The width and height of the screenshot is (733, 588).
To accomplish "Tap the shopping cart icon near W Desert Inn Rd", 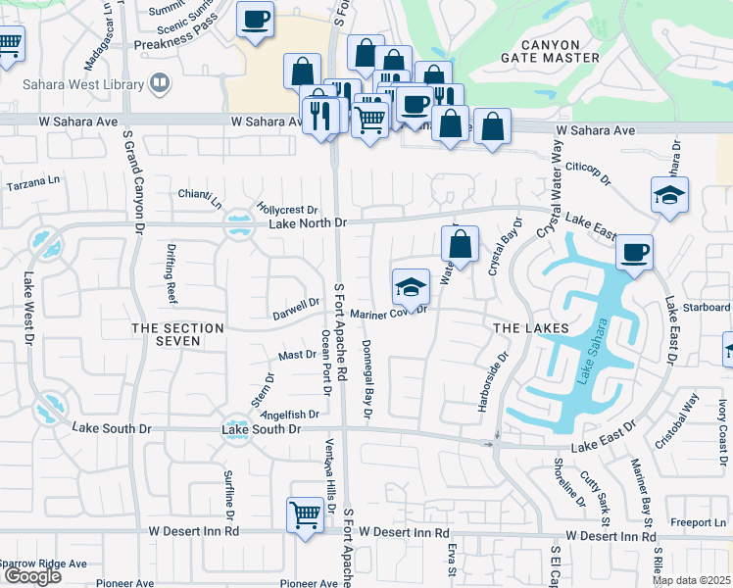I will point(305,514).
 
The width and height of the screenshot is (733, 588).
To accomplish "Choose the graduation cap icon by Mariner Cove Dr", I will point(411,286).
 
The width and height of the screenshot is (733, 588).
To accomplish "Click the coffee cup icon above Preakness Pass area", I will point(255,20).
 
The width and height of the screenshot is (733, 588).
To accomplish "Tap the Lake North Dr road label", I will point(308,223).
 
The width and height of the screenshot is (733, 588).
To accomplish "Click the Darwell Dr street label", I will point(296,309).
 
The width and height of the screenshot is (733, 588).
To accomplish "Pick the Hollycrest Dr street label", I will point(287,210).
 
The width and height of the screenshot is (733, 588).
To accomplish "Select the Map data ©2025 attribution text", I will point(690,580).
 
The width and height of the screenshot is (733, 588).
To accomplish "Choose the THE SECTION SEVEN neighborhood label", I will point(177,334).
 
